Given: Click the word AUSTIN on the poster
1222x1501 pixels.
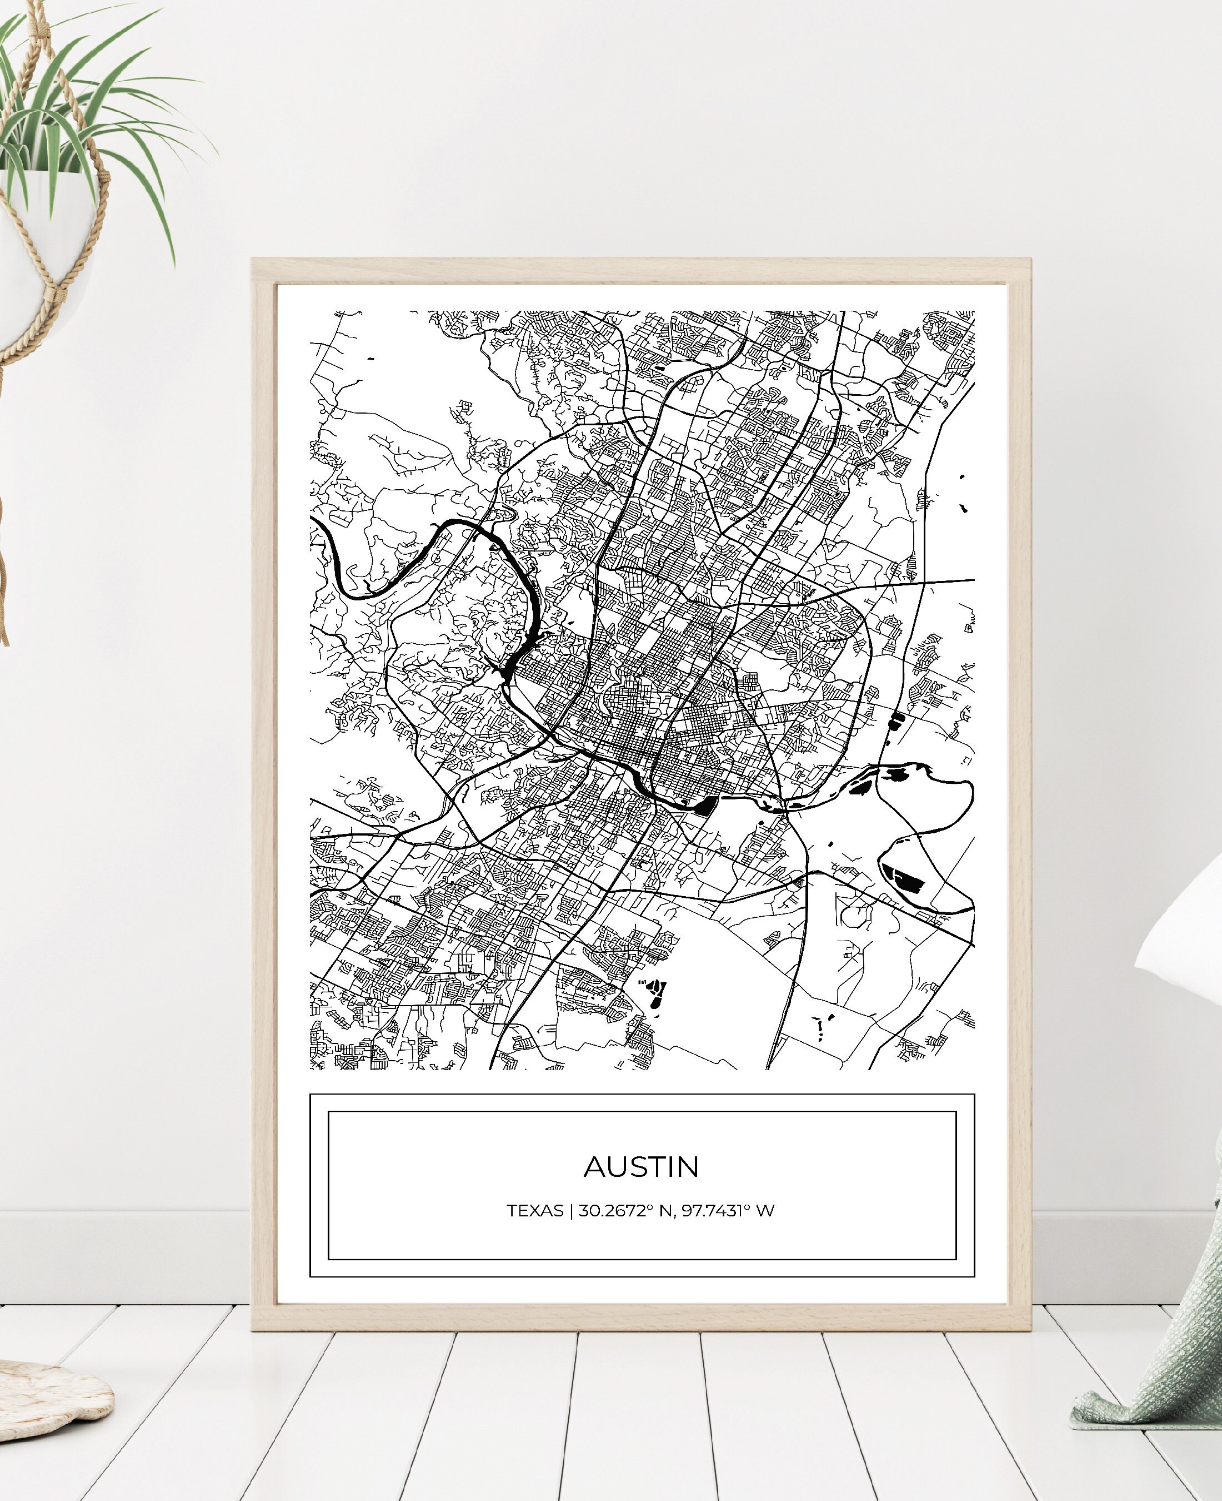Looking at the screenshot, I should click(641, 1167).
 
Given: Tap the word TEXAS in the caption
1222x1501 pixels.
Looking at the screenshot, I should click(534, 1211).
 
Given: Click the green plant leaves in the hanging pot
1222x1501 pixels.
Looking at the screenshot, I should click(84, 120).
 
